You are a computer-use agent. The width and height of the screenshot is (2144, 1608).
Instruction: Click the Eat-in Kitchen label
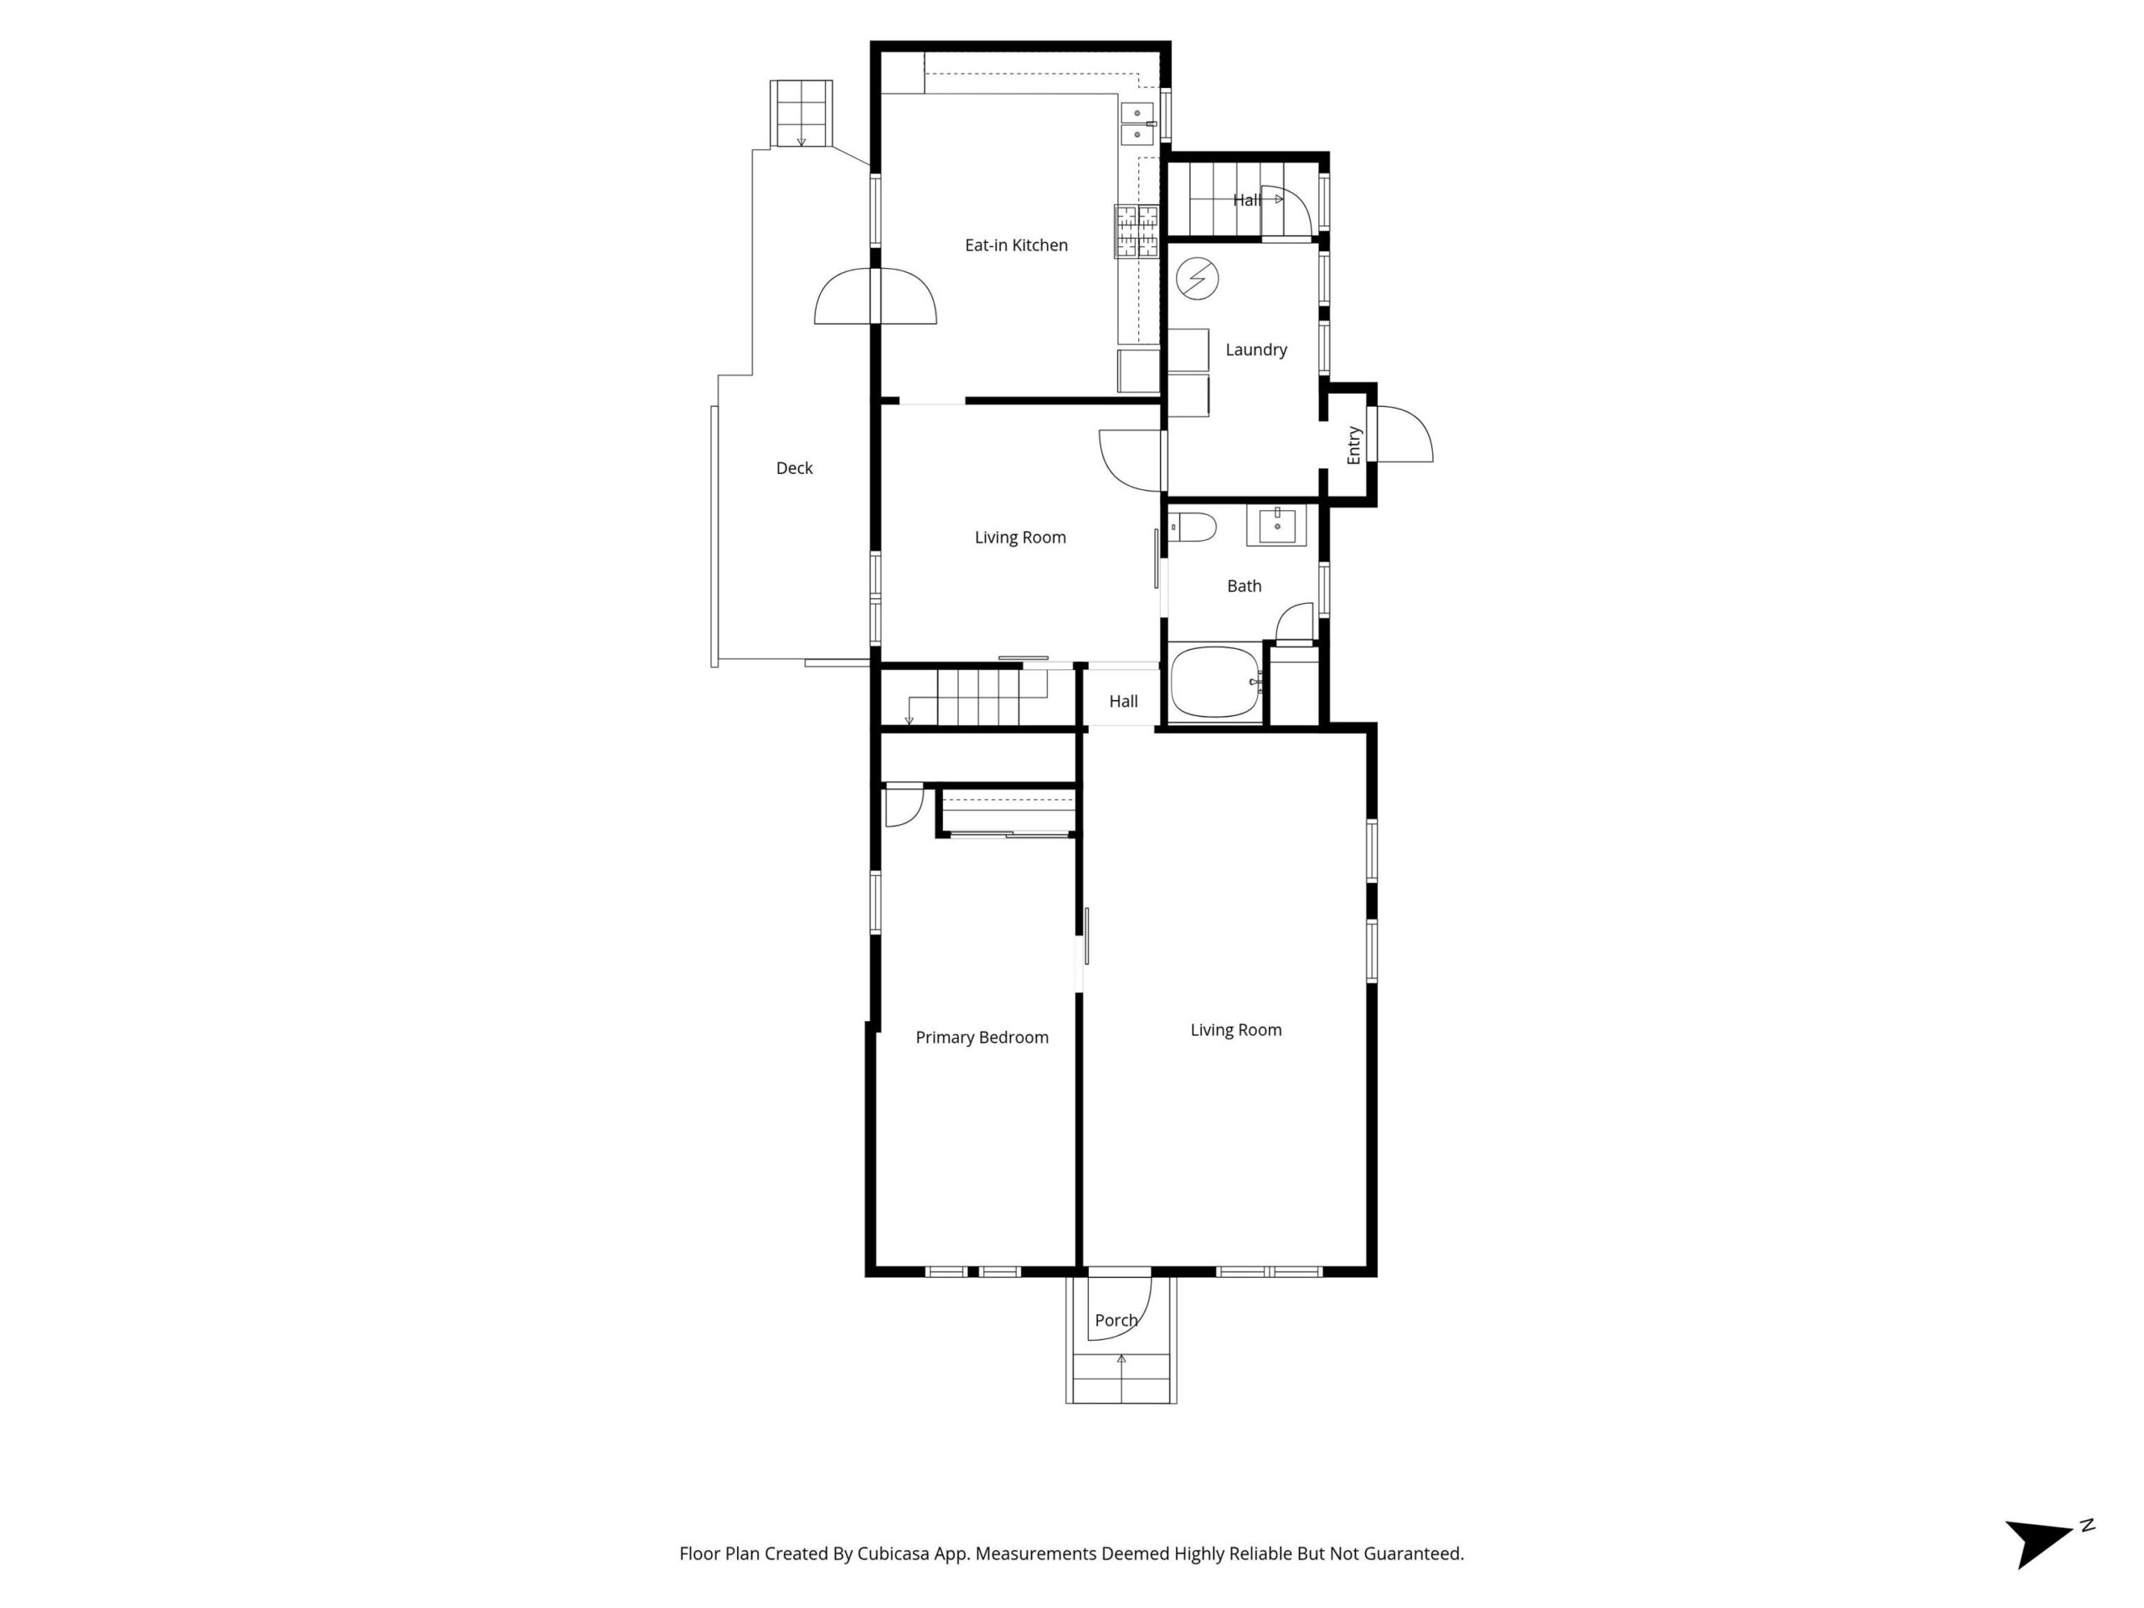coord(1016,245)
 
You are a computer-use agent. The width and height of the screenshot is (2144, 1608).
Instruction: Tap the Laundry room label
coord(1256,350)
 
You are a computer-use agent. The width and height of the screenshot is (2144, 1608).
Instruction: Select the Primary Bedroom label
coord(982,1037)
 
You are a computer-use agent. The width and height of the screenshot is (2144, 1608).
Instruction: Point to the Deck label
coord(795,468)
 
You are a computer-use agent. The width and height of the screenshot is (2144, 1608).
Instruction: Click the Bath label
coord(1245,585)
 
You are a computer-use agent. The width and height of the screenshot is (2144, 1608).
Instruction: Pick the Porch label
coord(1116,1320)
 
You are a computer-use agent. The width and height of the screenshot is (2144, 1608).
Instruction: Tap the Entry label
coord(1354,445)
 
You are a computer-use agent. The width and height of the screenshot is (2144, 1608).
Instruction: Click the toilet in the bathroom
coord(1193,528)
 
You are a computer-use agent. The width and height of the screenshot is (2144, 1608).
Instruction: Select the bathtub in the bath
coord(1216,683)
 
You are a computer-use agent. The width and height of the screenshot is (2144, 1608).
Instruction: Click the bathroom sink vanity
coord(1276,524)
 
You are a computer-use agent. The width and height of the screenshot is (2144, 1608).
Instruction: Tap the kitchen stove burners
coord(1136,232)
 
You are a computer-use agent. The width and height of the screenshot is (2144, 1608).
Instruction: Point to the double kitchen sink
coord(1138,124)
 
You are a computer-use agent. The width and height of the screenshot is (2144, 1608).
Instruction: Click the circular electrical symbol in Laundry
coord(1197,279)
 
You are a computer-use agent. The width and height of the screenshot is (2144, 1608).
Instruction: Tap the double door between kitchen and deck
coord(875,296)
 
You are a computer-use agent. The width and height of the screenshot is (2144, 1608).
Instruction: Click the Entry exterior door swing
coord(1404,433)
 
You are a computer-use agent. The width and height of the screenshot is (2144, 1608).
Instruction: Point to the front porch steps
coord(1121,1379)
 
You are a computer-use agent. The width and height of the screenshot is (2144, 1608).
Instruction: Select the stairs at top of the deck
coord(801,113)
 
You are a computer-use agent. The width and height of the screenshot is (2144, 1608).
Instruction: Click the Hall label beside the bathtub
coord(1123,701)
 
